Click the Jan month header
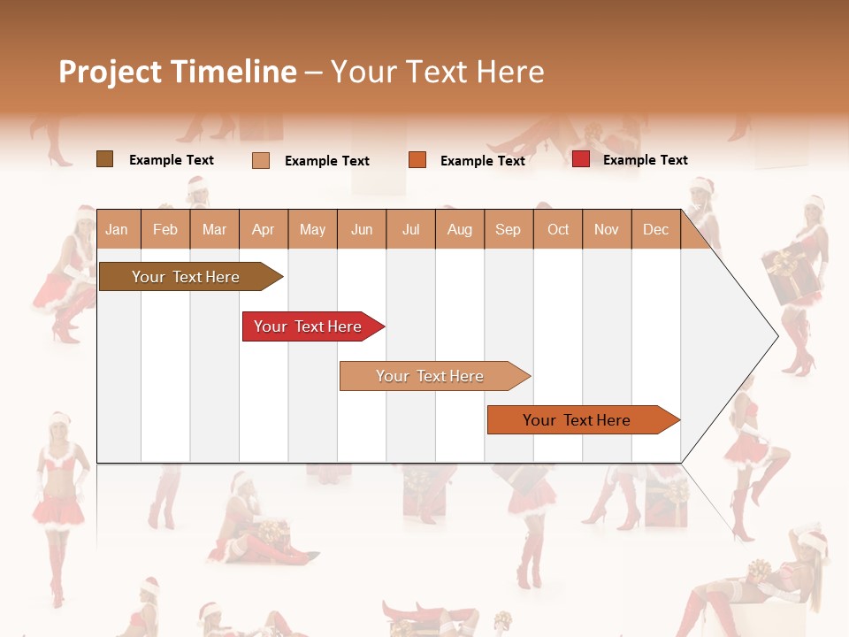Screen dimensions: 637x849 pyautogui.click(x=117, y=229)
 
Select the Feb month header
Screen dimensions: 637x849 pyautogui.click(x=165, y=229)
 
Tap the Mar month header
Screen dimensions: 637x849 pyautogui.click(x=214, y=229)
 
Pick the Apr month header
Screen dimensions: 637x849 pyautogui.click(x=264, y=229)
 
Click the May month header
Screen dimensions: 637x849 pyautogui.click(x=312, y=229)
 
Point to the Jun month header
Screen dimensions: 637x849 pyautogui.click(x=362, y=229)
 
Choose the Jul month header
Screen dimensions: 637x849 pyautogui.click(x=410, y=229)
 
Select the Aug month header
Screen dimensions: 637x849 pyautogui.click(x=460, y=229)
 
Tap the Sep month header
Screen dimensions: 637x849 pyautogui.click(x=509, y=229)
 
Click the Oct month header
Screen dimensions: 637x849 pyautogui.click(x=558, y=229)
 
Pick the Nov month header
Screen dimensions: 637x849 pyautogui.click(x=607, y=229)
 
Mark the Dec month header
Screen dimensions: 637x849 pyautogui.click(x=656, y=229)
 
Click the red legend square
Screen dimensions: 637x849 pyautogui.click(x=581, y=159)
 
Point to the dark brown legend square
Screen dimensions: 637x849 pyautogui.click(x=104, y=159)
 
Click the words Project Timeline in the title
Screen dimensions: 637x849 pyautogui.click(x=178, y=72)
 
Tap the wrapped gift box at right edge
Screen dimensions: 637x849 pyautogui.click(x=782, y=275)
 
